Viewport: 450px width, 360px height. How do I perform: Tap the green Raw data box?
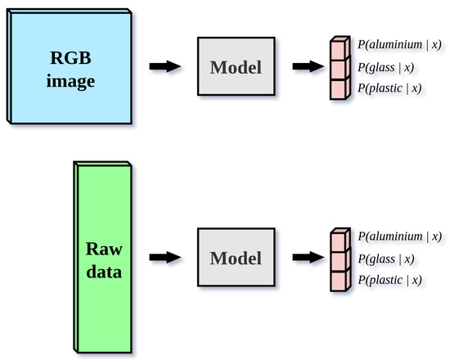point(105,259)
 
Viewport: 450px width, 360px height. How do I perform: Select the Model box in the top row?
point(236,67)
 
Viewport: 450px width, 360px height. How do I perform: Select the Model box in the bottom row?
point(236,259)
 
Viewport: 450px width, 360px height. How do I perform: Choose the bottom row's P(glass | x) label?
point(385,259)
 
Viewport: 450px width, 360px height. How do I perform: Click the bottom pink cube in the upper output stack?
point(340,88)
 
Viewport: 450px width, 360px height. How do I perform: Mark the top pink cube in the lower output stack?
point(340,241)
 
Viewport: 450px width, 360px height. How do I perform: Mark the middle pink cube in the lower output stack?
point(340,260)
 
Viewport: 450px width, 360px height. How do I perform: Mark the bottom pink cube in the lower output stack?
point(340,280)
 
